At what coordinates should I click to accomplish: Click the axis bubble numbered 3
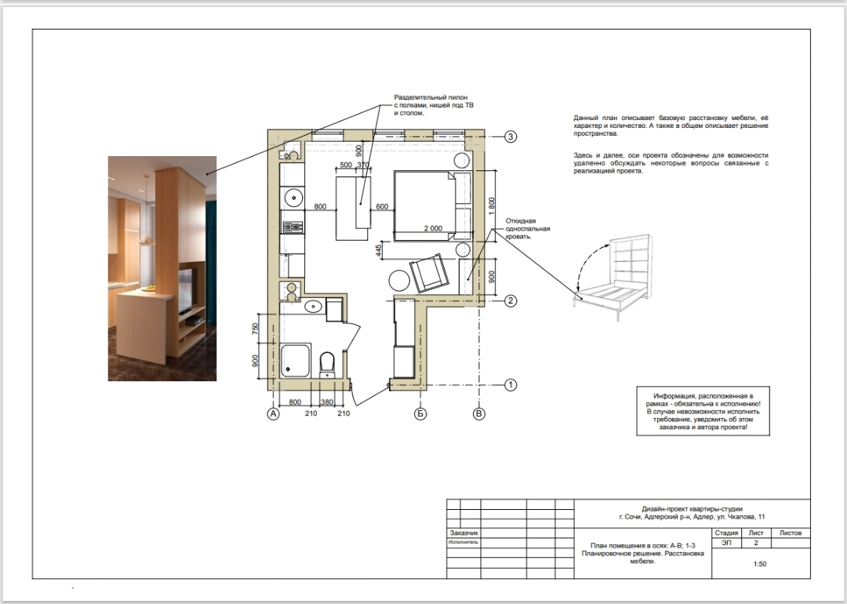[x=511, y=136]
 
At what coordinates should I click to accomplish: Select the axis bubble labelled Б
[x=420, y=414]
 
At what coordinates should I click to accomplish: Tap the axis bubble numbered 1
[x=511, y=385]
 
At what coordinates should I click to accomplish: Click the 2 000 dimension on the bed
[x=433, y=228]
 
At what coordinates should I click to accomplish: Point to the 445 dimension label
[x=380, y=250]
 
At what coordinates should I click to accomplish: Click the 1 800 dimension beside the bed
[x=491, y=206]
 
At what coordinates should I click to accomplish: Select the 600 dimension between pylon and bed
[x=382, y=206]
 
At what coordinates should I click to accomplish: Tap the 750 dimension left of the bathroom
[x=256, y=329]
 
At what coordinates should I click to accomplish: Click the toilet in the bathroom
[x=327, y=365]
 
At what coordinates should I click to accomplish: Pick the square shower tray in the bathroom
[x=296, y=360]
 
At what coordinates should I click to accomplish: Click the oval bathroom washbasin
[x=313, y=307]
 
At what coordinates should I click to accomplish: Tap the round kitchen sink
[x=293, y=198]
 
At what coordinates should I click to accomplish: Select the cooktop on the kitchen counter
[x=293, y=227]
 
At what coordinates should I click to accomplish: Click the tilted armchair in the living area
[x=429, y=273]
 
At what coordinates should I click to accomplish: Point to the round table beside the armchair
[x=400, y=280]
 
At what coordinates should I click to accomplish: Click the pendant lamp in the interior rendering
[x=146, y=240]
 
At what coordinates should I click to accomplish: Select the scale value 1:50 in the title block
[x=759, y=564]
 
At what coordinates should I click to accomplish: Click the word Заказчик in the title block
[x=463, y=533]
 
